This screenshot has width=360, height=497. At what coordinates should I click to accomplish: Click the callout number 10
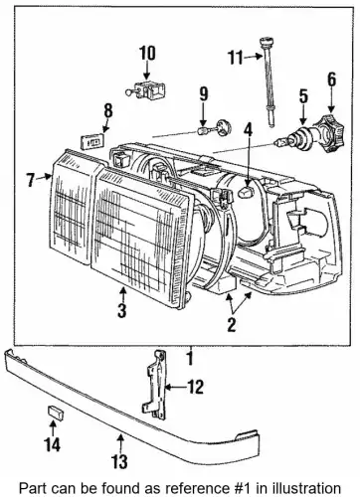147,54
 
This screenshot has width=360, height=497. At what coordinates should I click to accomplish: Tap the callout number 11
236,58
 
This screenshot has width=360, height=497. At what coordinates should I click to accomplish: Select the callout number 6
331,80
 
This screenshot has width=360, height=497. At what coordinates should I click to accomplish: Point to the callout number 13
119,461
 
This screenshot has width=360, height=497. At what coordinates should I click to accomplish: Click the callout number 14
53,444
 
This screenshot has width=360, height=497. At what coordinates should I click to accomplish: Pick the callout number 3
121,310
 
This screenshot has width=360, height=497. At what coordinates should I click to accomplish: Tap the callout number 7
31,180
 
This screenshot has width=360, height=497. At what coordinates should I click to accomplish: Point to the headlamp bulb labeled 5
295,138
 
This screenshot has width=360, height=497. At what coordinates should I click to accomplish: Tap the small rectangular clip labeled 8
92,141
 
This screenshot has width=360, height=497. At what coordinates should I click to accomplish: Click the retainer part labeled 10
146,90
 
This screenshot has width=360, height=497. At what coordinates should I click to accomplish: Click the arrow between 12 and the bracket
176,387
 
